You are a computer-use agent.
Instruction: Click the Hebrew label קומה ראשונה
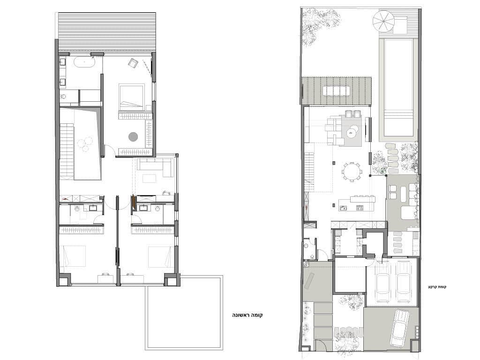(x=247, y=315)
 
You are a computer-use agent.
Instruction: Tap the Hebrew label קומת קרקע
(x=437, y=287)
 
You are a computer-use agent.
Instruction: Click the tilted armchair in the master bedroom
(x=133, y=63)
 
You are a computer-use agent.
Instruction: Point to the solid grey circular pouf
(x=133, y=137)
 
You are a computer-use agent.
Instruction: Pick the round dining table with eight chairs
(x=352, y=171)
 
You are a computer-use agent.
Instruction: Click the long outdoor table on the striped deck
(x=336, y=91)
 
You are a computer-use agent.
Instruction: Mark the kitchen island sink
(x=343, y=208)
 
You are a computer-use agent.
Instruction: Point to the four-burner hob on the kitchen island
(x=360, y=208)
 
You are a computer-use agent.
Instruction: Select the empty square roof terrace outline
(x=184, y=313)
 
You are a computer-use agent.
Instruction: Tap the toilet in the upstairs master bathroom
(x=64, y=97)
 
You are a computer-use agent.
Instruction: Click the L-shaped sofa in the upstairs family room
(x=155, y=167)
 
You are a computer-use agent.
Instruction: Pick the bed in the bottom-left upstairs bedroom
(x=74, y=256)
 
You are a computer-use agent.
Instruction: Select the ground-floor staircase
(x=310, y=172)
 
